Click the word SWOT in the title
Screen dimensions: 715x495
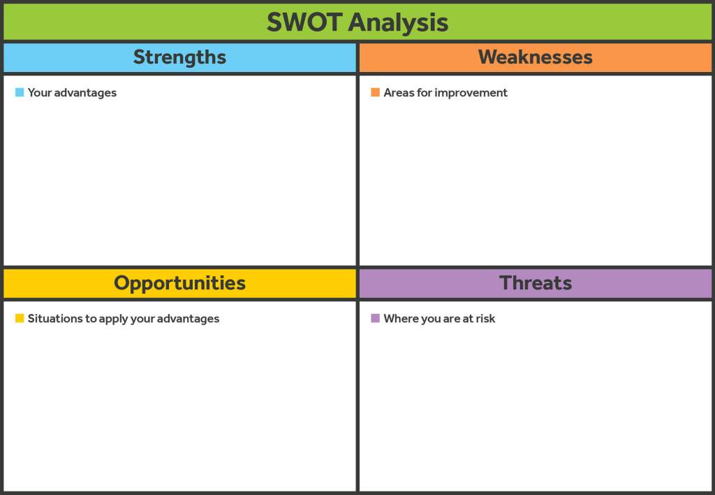[x=304, y=22]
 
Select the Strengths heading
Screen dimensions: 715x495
[x=179, y=57]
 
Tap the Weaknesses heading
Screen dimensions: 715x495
[x=536, y=57]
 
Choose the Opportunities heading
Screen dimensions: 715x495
[x=179, y=284]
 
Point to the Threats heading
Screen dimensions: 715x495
[x=536, y=283]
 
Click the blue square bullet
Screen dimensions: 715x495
[x=20, y=92]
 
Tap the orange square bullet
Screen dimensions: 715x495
[x=375, y=92]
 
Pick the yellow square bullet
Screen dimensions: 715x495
[x=20, y=318]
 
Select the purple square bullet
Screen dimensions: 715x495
[x=375, y=318]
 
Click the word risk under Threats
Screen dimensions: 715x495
[x=485, y=318]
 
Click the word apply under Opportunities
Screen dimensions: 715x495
[x=114, y=320]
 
